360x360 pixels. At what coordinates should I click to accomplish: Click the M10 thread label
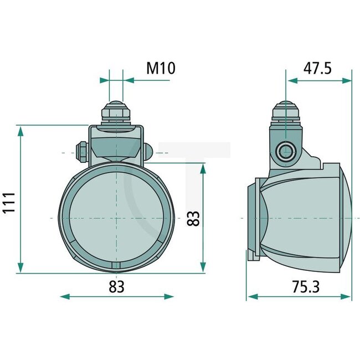pyautogui.click(x=161, y=68)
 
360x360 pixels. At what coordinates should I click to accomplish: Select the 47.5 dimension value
pyautogui.click(x=318, y=68)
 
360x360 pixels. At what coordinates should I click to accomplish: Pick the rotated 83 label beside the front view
pyautogui.click(x=193, y=218)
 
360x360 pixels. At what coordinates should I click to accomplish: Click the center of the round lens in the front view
pyautogui.click(x=116, y=218)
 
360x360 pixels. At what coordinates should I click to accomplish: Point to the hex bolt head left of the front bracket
pyautogui.click(x=81, y=151)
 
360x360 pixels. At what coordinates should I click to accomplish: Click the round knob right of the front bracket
pyautogui.click(x=148, y=151)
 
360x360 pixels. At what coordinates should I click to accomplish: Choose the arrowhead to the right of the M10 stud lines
pyautogui.click(x=128, y=80)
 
